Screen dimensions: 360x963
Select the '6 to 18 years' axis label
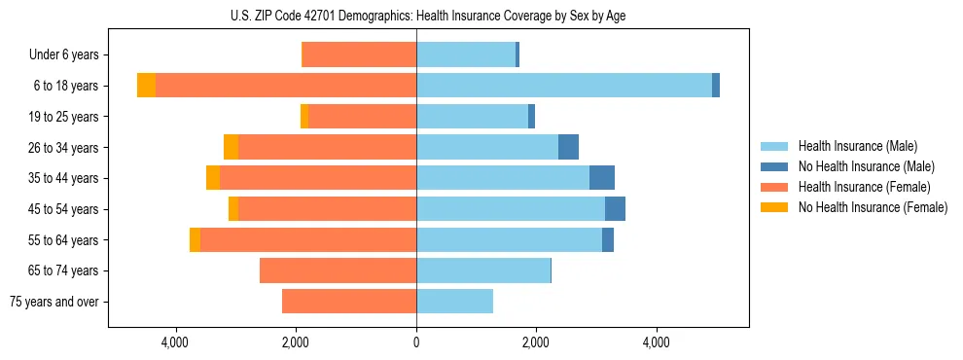coord(66,86)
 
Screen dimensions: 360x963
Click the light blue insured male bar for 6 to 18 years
coord(564,86)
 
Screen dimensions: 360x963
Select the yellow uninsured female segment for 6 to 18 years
coord(146,86)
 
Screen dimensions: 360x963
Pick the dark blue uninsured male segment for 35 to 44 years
coord(602,178)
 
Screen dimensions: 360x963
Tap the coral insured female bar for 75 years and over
coord(349,302)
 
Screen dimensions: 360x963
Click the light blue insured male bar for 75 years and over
coord(454,302)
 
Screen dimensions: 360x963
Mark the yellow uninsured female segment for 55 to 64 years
coord(195,239)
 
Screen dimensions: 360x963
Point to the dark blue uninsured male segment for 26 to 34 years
coord(568,147)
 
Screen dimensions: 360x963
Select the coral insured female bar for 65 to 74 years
coord(338,270)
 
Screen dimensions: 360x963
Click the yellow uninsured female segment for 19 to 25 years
coord(304,117)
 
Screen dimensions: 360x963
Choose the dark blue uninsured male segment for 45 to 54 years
coord(615,209)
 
